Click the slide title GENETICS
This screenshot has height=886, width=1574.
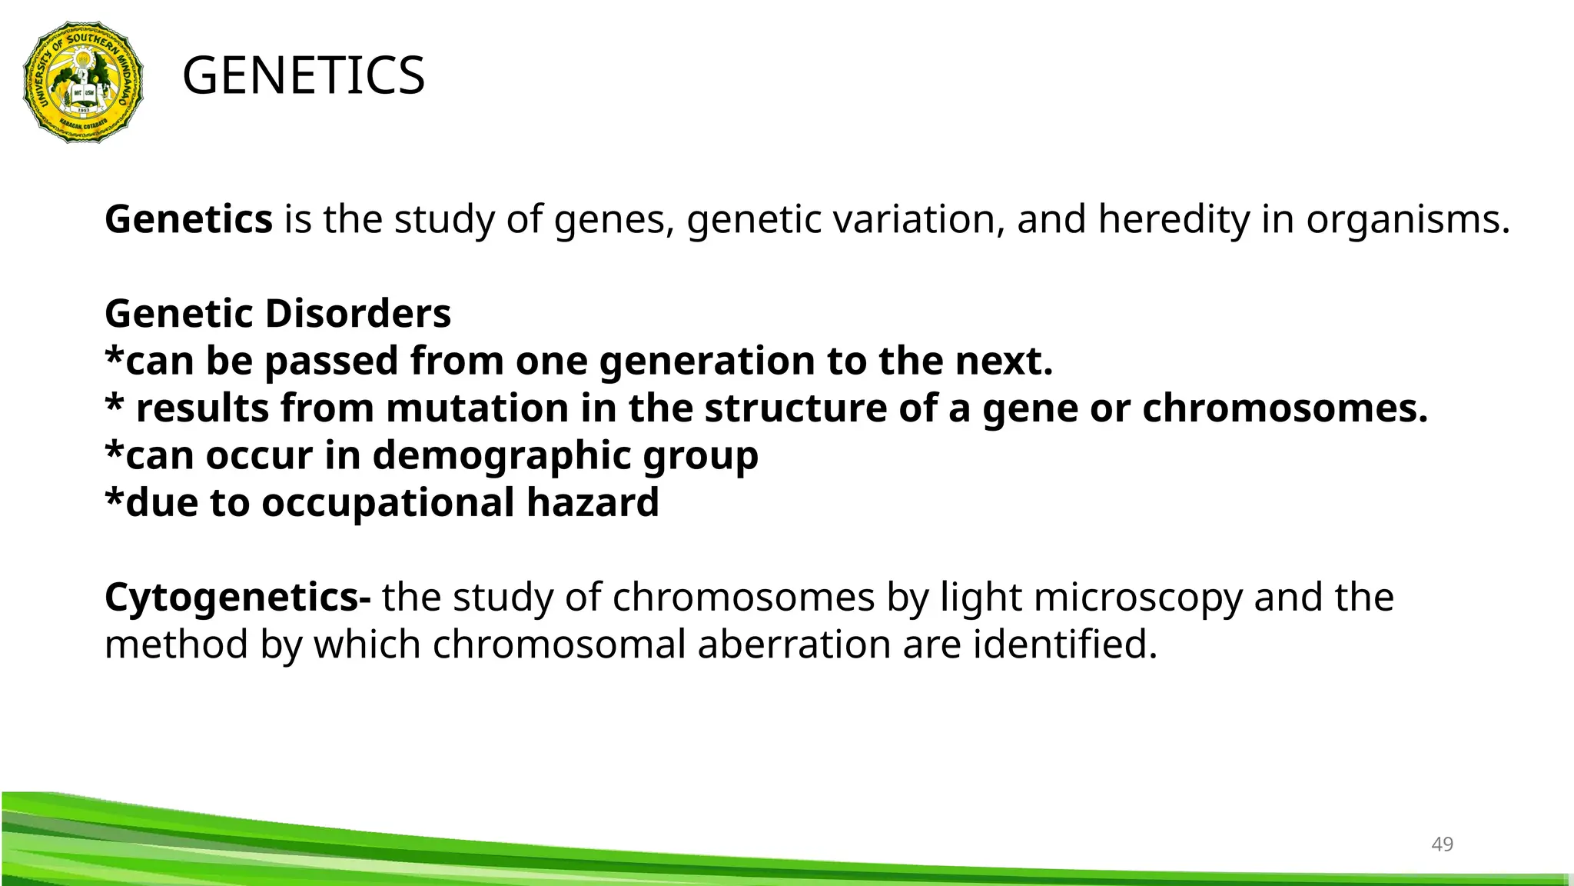(304, 76)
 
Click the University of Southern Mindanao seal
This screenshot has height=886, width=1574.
(83, 82)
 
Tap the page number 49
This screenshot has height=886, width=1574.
(1442, 844)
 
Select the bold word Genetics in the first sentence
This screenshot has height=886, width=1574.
(188, 219)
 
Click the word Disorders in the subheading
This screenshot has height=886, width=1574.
(358, 314)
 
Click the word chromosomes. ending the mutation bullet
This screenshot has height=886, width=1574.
(1284, 408)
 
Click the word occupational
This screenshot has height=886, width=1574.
(388, 502)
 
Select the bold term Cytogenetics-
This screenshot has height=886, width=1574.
(237, 598)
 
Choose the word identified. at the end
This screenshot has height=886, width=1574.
(1065, 645)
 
